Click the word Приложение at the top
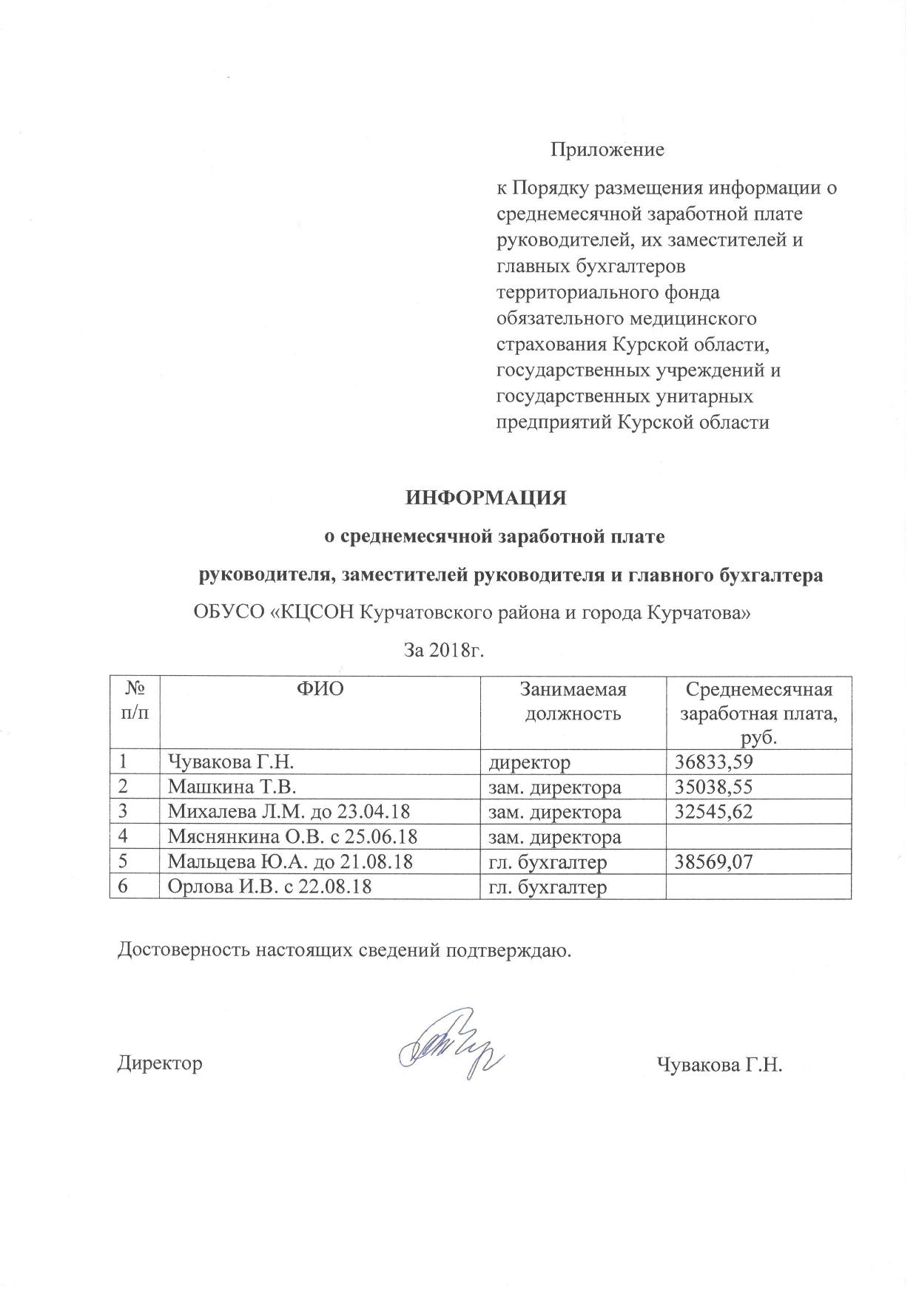pyautogui.click(x=607, y=150)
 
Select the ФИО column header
pyautogui.click(x=320, y=689)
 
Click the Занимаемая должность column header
pyautogui.click(x=573, y=701)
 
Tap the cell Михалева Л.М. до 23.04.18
pyautogui.click(x=289, y=810)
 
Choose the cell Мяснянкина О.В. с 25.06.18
pyautogui.click(x=292, y=836)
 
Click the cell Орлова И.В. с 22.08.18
pyautogui.click(x=269, y=887)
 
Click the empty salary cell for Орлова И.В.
pyautogui.click(x=758, y=887)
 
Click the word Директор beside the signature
pyautogui.click(x=160, y=1063)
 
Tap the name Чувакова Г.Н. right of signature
pyautogui.click(x=719, y=1064)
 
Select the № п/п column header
pyautogui.click(x=135, y=701)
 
